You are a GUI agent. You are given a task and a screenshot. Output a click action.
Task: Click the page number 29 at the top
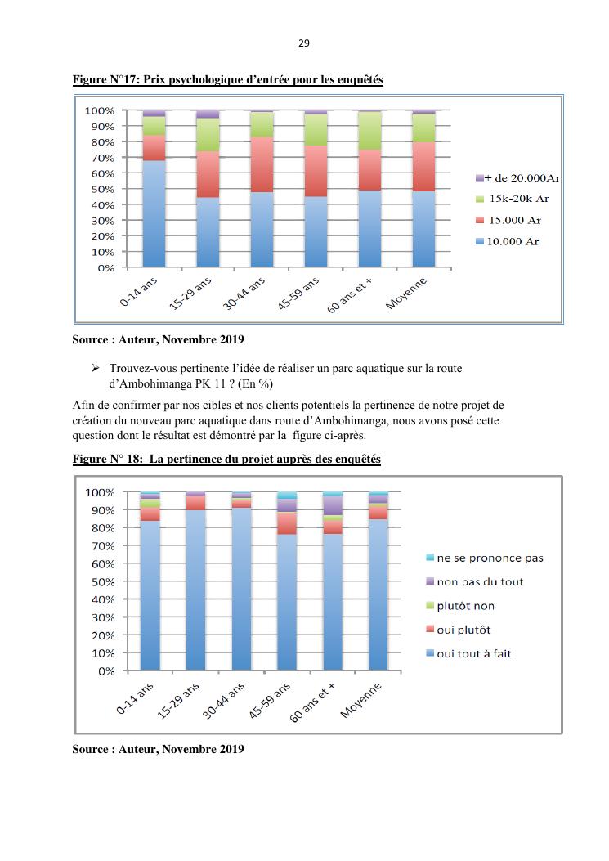click(x=304, y=42)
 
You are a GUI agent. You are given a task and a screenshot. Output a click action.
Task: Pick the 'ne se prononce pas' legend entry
click(x=489, y=558)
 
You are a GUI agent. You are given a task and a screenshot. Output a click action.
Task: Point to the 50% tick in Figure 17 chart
click(x=101, y=189)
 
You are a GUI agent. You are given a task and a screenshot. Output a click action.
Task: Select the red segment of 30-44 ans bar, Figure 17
click(x=262, y=164)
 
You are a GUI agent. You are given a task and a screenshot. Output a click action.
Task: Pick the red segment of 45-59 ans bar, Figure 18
click(x=287, y=523)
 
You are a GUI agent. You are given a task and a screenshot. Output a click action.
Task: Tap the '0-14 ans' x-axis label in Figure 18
click(x=136, y=700)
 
